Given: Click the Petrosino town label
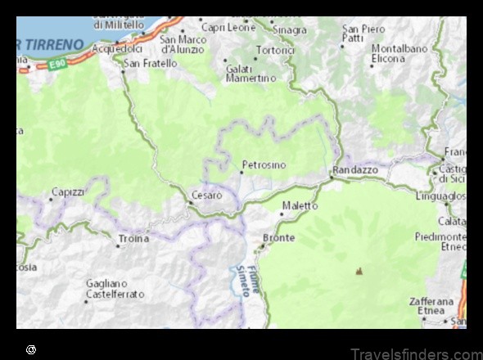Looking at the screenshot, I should (x=264, y=165).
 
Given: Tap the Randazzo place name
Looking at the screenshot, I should (x=354, y=169).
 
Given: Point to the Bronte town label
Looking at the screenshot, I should (x=278, y=238).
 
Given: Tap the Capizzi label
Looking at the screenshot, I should (x=68, y=191).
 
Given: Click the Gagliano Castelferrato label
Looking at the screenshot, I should (x=115, y=289).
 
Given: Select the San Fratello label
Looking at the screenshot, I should (x=150, y=63).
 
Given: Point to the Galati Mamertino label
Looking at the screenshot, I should (x=251, y=73).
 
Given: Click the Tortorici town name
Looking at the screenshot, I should (x=275, y=49).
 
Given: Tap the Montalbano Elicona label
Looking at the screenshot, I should (x=399, y=54).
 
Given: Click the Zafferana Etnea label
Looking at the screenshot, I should (x=431, y=306).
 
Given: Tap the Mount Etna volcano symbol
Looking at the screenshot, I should (x=359, y=271).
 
